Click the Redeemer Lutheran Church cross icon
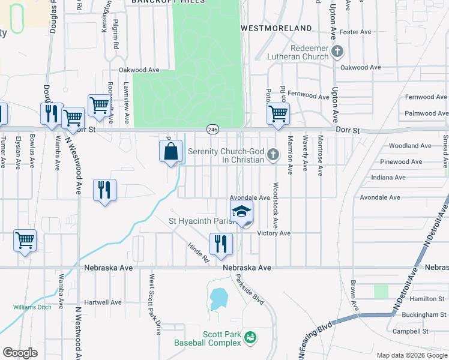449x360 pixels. point(337,52)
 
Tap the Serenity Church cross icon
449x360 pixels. point(273,155)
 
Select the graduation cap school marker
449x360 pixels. point(242,212)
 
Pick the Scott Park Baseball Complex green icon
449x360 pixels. point(250,338)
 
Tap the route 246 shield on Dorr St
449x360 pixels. point(212,130)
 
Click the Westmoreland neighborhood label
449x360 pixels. point(276,28)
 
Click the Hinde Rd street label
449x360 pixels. point(197,253)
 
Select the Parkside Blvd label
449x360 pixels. point(249,289)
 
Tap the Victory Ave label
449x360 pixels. point(274,233)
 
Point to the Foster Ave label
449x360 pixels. point(357,32)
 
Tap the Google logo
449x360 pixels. point(20,353)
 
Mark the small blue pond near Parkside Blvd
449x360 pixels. point(218,296)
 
